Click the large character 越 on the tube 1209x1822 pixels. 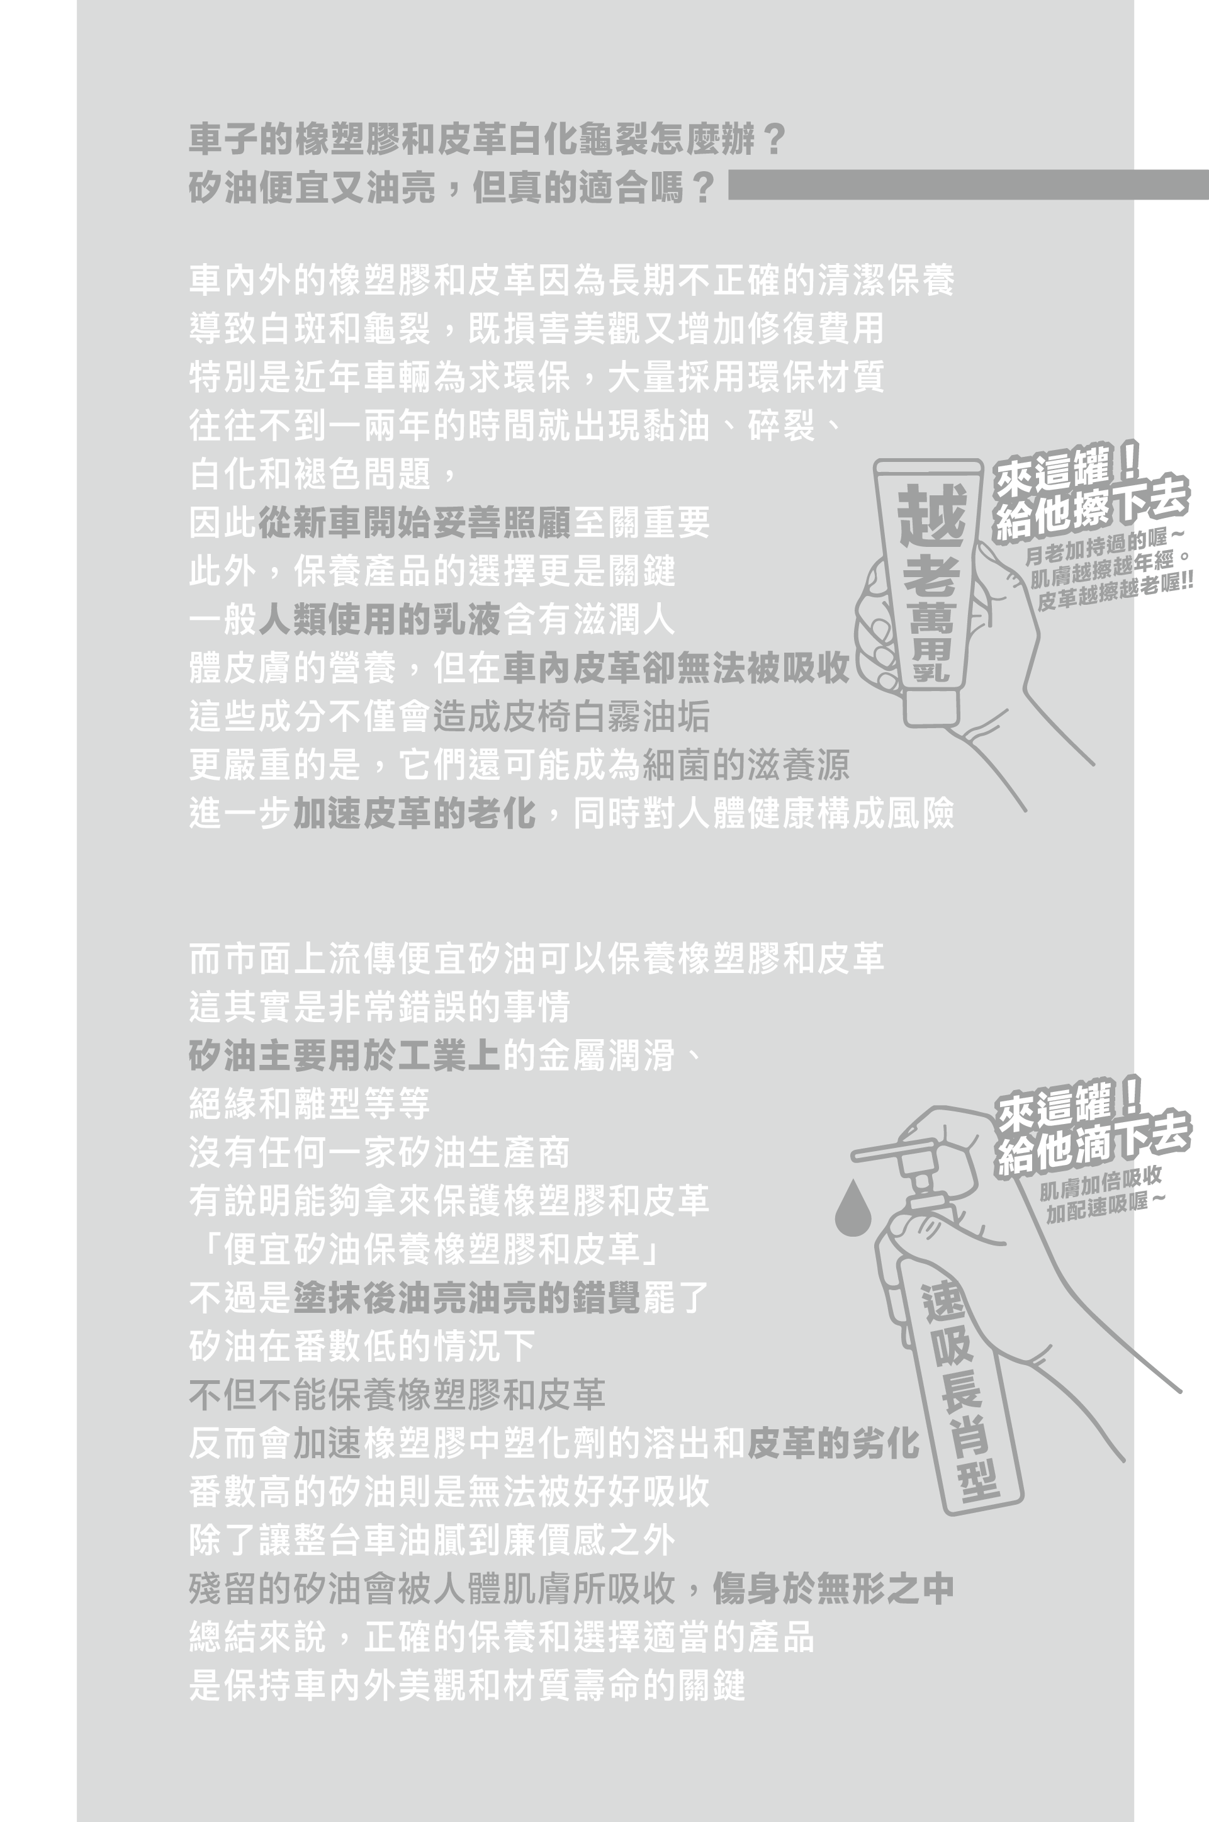tap(931, 514)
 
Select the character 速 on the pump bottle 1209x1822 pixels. tap(943, 1302)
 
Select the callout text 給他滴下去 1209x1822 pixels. tap(1093, 1144)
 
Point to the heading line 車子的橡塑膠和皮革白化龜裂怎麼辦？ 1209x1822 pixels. tap(487, 140)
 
